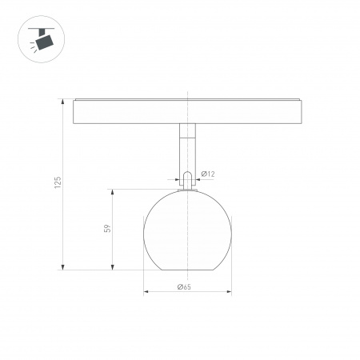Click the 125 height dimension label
tap(57, 183)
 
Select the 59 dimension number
tap(106, 229)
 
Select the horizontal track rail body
tap(187, 111)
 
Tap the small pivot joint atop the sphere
tap(186, 181)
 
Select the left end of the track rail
tap(74, 111)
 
